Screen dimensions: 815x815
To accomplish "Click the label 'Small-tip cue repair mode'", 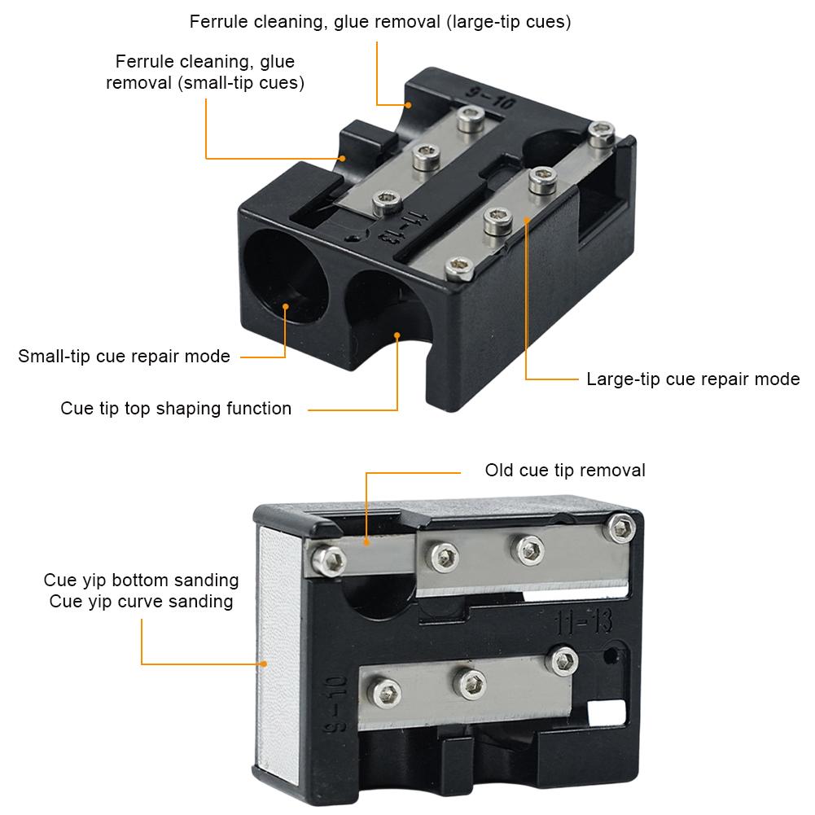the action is coord(124,357).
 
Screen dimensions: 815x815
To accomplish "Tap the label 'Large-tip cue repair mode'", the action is coord(693,379).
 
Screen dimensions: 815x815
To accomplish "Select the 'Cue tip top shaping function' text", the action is coord(176,409).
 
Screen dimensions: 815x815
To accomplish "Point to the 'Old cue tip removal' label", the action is coord(565,471).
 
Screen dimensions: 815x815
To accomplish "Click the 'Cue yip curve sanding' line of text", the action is coord(141,602).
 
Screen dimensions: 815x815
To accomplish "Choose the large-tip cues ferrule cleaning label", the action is coord(380,22).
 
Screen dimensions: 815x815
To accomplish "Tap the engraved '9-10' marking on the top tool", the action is coord(489,97).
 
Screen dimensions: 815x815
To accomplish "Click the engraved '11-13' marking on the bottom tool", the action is coord(584,622).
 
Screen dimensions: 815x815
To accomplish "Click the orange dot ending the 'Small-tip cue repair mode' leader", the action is coord(285,307).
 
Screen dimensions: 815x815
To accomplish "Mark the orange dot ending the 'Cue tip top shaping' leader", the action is coord(397,335).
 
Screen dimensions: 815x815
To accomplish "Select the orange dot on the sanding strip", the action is coord(264,664).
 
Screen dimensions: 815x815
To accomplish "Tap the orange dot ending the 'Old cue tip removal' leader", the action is coord(366,542).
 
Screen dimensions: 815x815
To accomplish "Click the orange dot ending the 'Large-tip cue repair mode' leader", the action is coord(527,220).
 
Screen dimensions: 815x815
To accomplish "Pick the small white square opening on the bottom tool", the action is coord(606,712).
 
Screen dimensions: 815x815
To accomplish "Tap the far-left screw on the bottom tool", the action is coord(329,560).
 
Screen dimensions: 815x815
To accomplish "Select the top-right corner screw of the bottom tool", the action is coord(622,528).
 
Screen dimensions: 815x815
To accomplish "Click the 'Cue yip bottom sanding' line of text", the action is coord(141,580).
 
